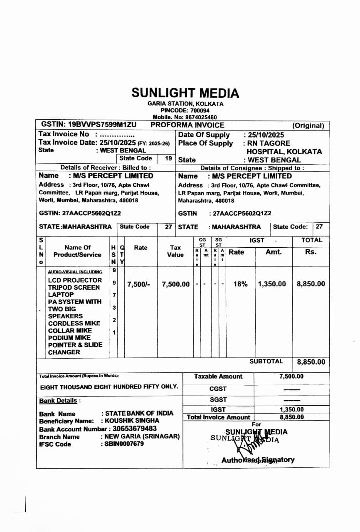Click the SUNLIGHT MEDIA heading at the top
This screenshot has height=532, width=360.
[185, 93]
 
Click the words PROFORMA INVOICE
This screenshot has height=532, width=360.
[187, 125]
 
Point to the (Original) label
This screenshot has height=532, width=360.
[308, 126]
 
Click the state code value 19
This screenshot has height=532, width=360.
[168, 158]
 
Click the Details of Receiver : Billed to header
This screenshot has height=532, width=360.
[105, 167]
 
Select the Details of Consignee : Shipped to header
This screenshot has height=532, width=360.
[252, 168]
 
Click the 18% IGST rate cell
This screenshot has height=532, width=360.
[240, 284]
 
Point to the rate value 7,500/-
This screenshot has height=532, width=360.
[138, 284]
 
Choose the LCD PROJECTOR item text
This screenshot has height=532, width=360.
[75, 280]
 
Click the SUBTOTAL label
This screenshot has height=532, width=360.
[266, 362]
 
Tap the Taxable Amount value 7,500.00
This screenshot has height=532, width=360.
[291, 377]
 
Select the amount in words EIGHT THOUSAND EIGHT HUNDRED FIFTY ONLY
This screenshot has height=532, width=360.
[109, 387]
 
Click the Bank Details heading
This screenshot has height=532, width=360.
[60, 401]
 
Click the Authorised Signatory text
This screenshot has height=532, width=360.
[258, 460]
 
